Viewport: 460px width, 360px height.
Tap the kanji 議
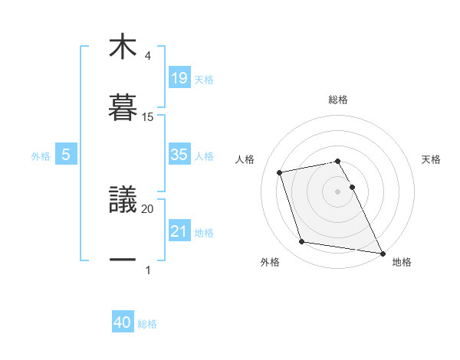click(123, 199)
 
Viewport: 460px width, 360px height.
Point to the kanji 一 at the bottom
click(123, 260)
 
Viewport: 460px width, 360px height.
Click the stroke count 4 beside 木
click(148, 56)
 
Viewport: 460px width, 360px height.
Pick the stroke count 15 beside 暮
click(148, 117)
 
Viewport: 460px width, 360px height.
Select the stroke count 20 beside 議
click(148, 208)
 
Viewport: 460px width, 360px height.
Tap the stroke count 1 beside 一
click(148, 270)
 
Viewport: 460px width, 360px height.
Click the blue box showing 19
click(179, 77)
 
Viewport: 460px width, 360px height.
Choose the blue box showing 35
click(179, 154)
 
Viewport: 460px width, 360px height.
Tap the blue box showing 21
click(179, 231)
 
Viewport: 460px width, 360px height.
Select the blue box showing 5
click(66, 154)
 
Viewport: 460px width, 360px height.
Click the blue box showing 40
click(123, 322)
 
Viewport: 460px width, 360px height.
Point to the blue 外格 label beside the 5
click(41, 155)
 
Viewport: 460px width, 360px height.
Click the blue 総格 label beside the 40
click(147, 324)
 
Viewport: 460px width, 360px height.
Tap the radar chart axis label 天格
click(432, 159)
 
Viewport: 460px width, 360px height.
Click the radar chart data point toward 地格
click(381, 253)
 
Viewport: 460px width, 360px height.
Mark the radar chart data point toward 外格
click(302, 242)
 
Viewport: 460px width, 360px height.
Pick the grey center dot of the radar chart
click(338, 191)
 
